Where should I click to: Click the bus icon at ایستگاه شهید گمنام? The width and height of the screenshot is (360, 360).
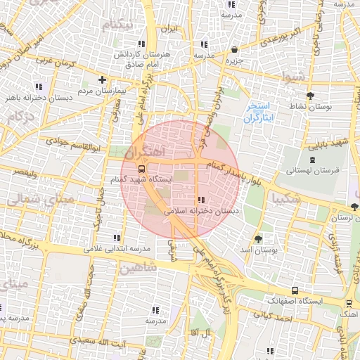(x=143, y=169)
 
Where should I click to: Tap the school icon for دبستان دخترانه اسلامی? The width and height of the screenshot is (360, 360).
(x=202, y=200)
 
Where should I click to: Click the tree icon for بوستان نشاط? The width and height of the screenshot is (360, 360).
(x=310, y=94)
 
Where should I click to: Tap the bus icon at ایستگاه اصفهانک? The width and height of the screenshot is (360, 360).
(x=294, y=290)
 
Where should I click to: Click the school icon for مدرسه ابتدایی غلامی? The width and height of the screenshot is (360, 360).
(x=116, y=238)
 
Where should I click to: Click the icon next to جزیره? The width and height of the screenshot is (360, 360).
(x=233, y=50)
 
